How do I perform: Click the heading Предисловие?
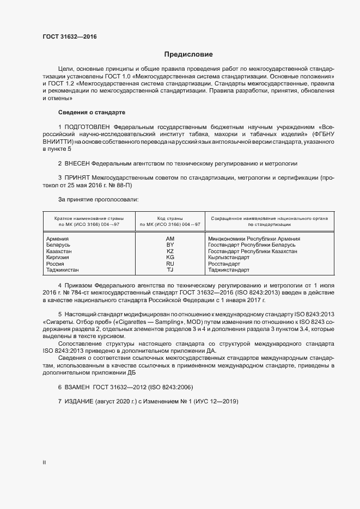[188, 54]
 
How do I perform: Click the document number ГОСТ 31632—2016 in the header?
[70, 37]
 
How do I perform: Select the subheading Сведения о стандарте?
[91, 112]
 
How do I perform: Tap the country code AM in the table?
[170, 238]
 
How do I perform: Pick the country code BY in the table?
[170, 245]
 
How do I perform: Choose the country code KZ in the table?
[170, 251]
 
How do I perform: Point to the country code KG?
[170, 257]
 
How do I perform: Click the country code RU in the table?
[170, 263]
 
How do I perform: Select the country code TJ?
[170, 269]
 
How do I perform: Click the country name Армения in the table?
[57, 238]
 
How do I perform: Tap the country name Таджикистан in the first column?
[62, 269]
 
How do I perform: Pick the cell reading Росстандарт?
[224, 263]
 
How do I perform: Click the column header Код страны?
[170, 218]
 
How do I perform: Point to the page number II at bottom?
[44, 462]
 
